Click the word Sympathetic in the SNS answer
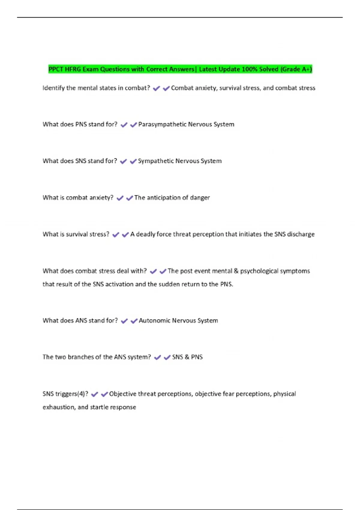[x=156, y=161]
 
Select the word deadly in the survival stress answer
[x=145, y=234]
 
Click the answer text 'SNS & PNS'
[x=187, y=357]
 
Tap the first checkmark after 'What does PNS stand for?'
[x=124, y=125]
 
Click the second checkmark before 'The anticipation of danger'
[x=130, y=198]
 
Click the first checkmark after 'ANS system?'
[x=157, y=358]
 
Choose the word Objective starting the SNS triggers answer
[x=122, y=394]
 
